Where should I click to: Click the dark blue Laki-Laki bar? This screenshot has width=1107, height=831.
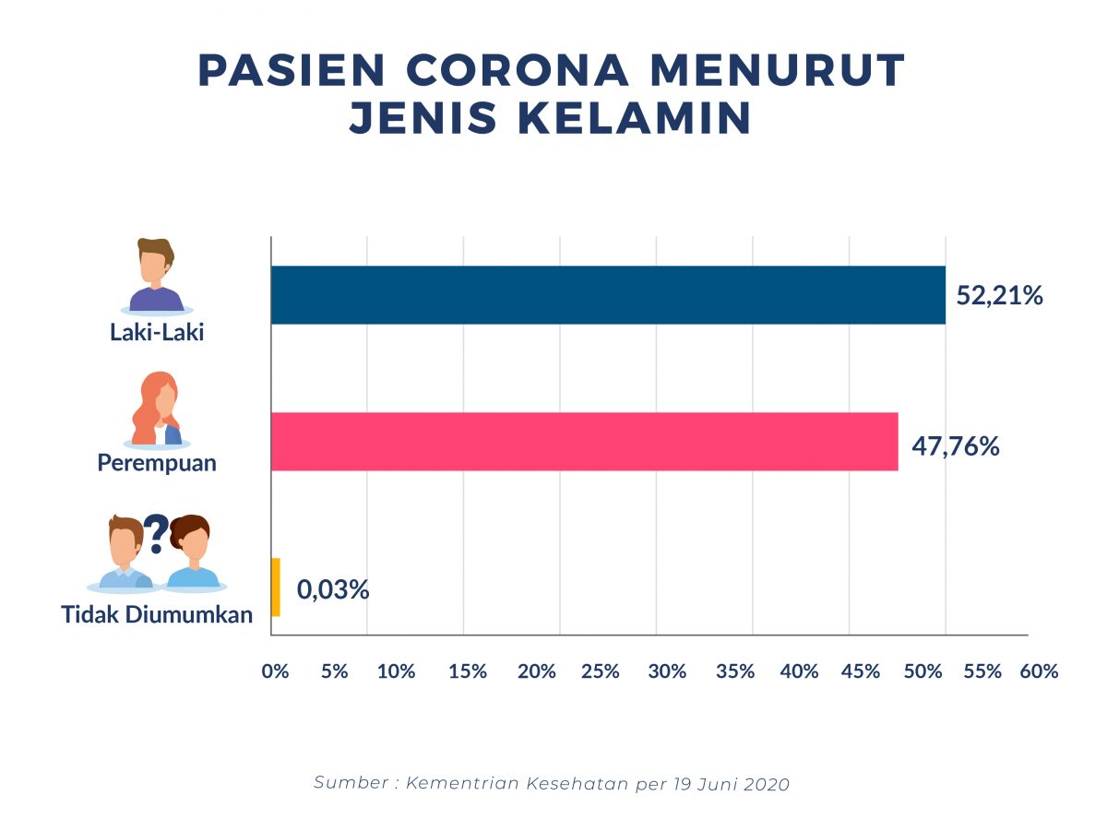[608, 295]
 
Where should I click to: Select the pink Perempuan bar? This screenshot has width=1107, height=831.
[584, 441]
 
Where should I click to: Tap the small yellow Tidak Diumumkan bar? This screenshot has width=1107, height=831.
[275, 587]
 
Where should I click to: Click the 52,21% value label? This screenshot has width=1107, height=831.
[1000, 296]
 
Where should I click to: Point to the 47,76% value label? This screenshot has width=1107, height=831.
[955, 447]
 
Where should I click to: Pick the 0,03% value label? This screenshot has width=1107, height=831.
[333, 589]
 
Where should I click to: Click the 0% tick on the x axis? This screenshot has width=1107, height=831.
[275, 671]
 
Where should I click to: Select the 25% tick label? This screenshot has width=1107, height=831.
[601, 671]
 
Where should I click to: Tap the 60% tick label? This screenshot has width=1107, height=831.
[1039, 671]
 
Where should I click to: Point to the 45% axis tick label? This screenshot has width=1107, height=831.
[860, 671]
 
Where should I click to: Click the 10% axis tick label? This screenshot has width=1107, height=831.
[396, 671]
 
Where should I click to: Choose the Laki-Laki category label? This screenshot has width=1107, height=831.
[157, 332]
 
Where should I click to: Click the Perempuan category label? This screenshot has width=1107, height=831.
[157, 462]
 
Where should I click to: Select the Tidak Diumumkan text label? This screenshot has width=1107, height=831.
[157, 614]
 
